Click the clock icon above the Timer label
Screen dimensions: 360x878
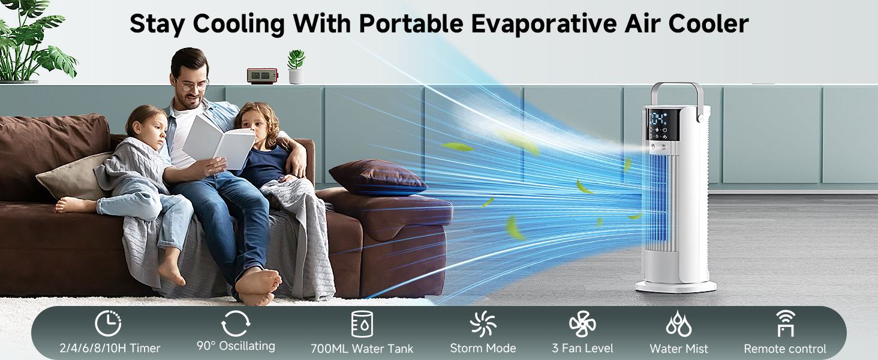pyautogui.click(x=108, y=324)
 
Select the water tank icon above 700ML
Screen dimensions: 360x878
pyautogui.click(x=362, y=324)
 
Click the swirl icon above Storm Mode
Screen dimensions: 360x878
pyautogui.click(x=483, y=325)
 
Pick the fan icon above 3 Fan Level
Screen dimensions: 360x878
pyautogui.click(x=582, y=325)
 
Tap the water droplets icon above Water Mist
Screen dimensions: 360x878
pyautogui.click(x=678, y=324)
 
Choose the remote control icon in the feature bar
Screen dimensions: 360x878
pyautogui.click(x=785, y=324)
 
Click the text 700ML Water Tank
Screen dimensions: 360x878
pyautogui.click(x=362, y=349)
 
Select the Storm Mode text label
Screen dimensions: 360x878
pyautogui.click(x=483, y=349)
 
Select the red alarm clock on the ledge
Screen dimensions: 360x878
pyautogui.click(x=262, y=76)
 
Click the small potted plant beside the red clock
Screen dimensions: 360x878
pyautogui.click(x=296, y=67)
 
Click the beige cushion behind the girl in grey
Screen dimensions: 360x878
pyautogui.click(x=72, y=177)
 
